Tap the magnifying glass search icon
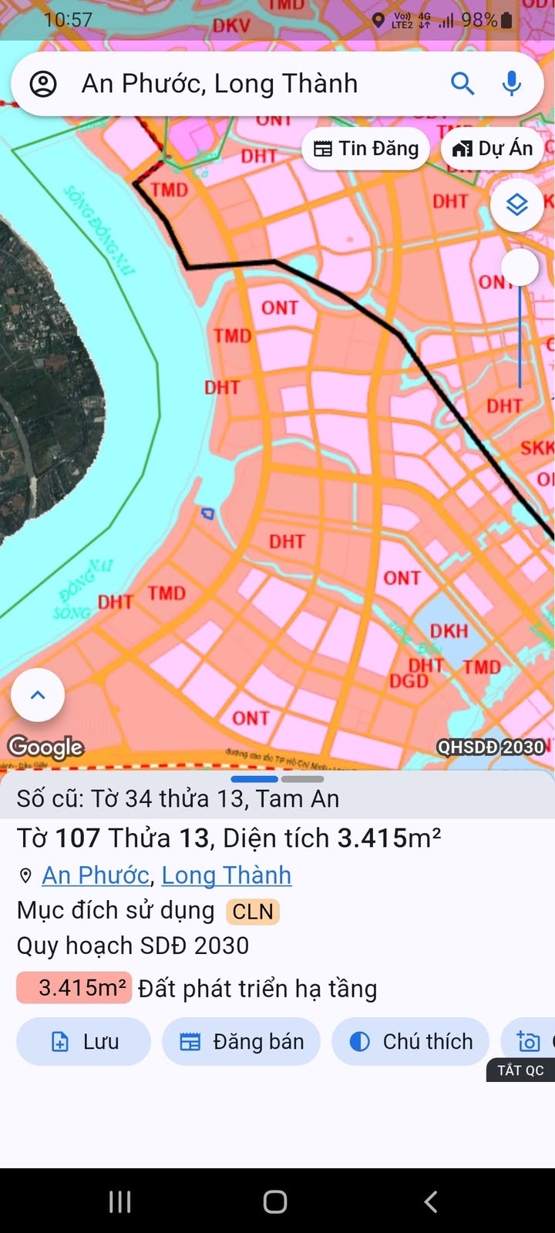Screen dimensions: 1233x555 pos(462,83)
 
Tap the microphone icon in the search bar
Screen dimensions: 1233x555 pos(511,83)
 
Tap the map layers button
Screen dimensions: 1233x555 pos(516,205)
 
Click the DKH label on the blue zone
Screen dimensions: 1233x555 pos(449,631)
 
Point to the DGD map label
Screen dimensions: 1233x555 pos(409,681)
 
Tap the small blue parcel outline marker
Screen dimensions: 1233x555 pos(207,513)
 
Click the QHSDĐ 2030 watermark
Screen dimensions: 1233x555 pos(491,747)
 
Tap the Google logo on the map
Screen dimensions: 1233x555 pos(45,747)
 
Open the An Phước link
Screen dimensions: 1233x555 pos(96,875)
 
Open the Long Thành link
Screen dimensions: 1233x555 pos(227,875)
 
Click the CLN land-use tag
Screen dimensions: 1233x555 pos(252,912)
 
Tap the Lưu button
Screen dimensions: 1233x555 pos(83,1042)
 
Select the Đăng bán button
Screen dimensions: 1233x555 pos(241,1042)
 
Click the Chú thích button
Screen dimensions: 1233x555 pos(411,1042)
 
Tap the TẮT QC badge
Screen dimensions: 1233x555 pos(520,1070)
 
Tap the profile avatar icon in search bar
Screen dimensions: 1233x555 pos(43,83)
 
